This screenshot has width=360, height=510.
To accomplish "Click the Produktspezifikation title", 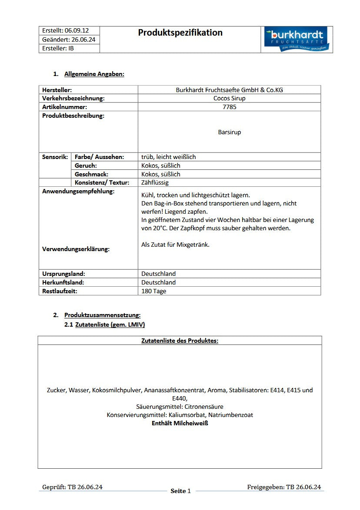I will pyautogui.click(x=180, y=33).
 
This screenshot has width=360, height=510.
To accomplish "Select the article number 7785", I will pyautogui.click(x=229, y=107).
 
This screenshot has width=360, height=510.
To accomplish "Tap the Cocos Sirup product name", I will pyautogui.click(x=229, y=98).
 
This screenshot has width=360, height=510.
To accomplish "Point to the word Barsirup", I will pyautogui.click(x=229, y=132).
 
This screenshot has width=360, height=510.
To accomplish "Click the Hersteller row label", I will pyautogui.click(x=57, y=90).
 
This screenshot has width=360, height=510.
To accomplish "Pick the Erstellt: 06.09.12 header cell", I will pyautogui.click(x=65, y=30).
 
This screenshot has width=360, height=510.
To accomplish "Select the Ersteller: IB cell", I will pyautogui.click(x=58, y=48).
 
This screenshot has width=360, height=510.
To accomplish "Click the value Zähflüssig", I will pyautogui.click(x=155, y=182).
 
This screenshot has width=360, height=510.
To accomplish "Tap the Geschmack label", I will pyautogui.click(x=91, y=174).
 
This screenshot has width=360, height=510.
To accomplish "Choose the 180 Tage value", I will pyautogui.click(x=153, y=291).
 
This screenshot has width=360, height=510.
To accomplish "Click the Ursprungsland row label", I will pyautogui.click(x=63, y=274).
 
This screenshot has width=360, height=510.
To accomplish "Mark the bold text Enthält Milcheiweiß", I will pyautogui.click(x=180, y=423).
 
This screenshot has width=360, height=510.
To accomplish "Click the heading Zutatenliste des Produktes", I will pyautogui.click(x=180, y=341).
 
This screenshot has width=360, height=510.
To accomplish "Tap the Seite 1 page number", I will pyautogui.click(x=180, y=491).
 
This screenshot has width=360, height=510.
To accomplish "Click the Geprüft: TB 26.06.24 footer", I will pyautogui.click(x=72, y=487).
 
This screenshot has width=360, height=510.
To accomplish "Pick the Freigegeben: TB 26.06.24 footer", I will pyautogui.click(x=284, y=487).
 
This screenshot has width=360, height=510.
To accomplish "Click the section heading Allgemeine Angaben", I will pyautogui.click(x=94, y=74).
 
